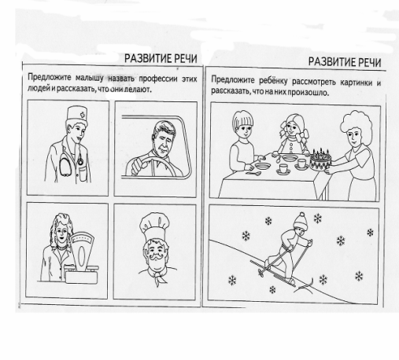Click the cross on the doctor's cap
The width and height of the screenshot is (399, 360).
tap(83, 115)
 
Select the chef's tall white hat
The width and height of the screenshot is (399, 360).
tap(154, 226)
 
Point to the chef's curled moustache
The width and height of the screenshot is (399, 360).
tap(156, 256)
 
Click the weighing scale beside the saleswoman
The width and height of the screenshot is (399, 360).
tap(82, 258)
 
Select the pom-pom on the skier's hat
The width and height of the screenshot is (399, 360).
tap(302, 215)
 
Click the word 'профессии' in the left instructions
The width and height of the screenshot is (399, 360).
tap(158, 79)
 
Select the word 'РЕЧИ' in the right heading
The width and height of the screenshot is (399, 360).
tap(370, 62)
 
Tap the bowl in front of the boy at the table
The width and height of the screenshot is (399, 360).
tap(263, 166)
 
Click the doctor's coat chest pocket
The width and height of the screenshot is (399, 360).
tap(83, 174)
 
